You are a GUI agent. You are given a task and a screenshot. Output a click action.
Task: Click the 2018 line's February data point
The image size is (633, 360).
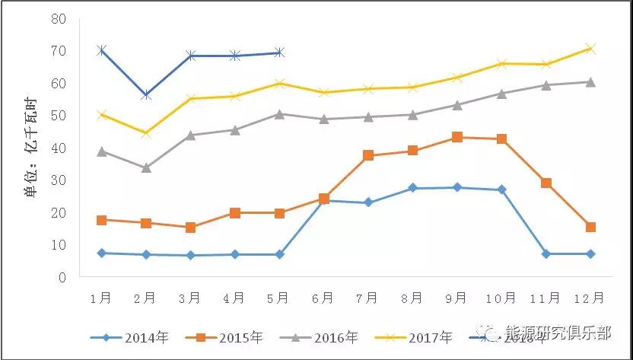[x=146, y=95]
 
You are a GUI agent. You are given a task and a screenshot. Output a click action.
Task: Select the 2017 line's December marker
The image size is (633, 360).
[x=590, y=49]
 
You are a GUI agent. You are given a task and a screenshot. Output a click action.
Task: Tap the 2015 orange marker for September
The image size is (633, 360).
[x=457, y=137]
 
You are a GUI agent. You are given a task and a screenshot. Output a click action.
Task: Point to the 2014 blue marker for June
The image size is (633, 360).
[x=324, y=200]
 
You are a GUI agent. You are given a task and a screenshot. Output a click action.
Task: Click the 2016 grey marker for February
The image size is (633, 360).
[x=146, y=167]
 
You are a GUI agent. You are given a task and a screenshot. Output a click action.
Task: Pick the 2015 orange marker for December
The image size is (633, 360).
[x=590, y=227]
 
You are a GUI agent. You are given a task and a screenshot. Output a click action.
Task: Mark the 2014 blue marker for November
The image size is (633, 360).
[x=546, y=253]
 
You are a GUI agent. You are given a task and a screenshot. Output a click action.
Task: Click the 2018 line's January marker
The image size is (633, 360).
[x=101, y=50]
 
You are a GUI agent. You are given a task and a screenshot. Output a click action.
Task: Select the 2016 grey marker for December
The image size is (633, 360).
[x=590, y=81]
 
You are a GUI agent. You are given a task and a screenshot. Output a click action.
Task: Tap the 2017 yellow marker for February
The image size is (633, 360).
[x=146, y=133]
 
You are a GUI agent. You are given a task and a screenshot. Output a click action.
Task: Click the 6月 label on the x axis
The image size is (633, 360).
[x=323, y=298]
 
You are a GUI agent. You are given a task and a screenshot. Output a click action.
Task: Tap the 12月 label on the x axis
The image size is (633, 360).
[x=590, y=298]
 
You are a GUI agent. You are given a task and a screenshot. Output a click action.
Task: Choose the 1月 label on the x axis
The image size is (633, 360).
[x=101, y=298]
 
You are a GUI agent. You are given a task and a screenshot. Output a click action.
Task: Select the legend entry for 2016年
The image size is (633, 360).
[x=336, y=336]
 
